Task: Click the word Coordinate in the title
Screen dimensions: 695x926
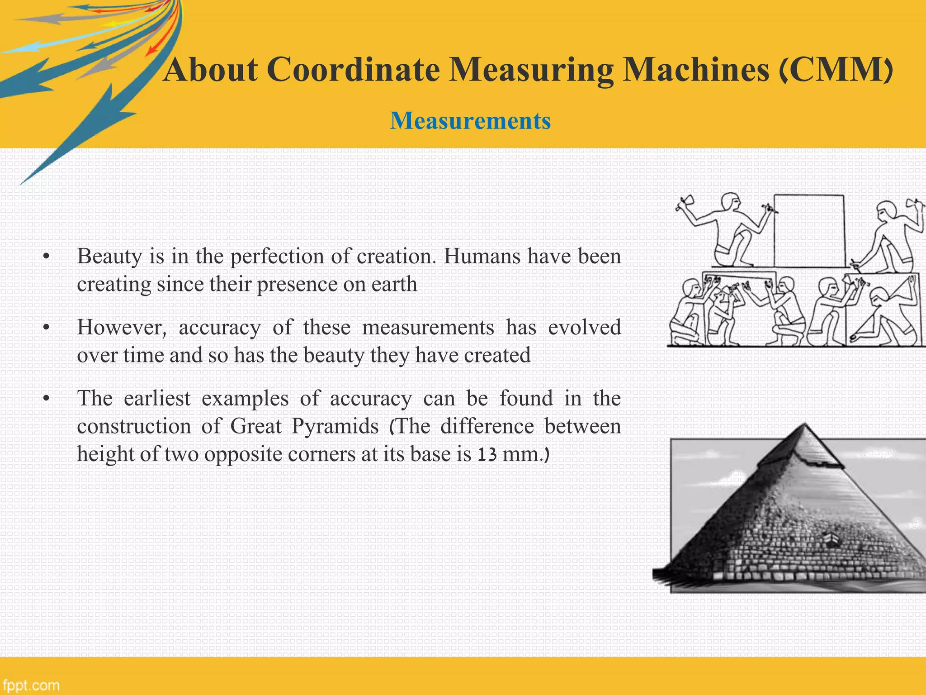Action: [x=353, y=70]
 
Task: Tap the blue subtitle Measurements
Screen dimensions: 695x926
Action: [x=470, y=121]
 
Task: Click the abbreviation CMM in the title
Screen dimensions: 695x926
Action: [x=837, y=70]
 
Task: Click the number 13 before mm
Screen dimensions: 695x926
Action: [x=487, y=454]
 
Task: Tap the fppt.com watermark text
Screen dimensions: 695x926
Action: [x=31, y=685]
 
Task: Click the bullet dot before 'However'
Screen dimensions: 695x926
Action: [x=46, y=328]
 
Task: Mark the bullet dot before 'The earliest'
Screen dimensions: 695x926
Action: [x=46, y=399]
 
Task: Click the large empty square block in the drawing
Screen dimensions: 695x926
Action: [x=809, y=231]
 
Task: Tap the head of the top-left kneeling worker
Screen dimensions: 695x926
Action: [x=731, y=202]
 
